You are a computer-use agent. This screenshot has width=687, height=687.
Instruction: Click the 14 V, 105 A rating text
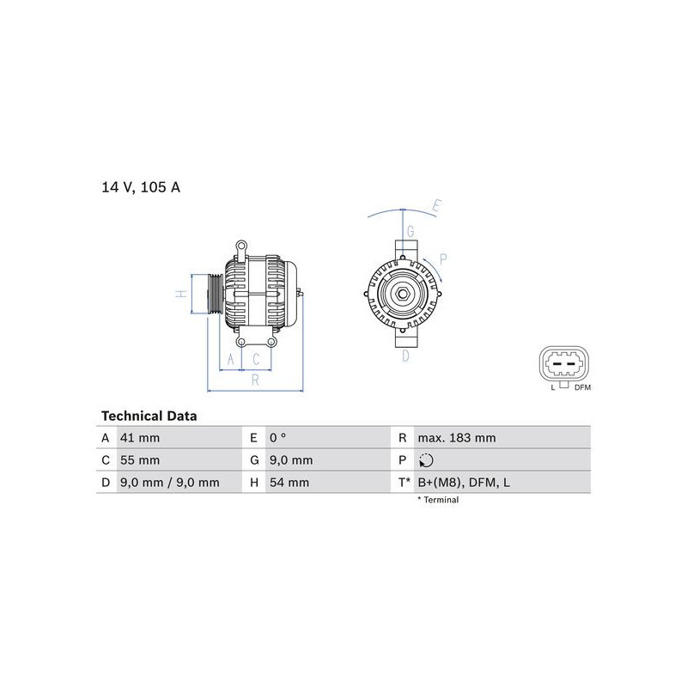coord(141,187)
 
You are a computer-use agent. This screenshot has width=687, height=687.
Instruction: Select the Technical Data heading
coord(149,416)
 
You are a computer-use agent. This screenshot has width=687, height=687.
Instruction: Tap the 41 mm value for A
coord(140,438)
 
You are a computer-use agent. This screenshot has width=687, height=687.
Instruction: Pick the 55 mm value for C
coord(140,460)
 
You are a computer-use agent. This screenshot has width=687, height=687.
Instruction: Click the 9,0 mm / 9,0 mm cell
coord(169,483)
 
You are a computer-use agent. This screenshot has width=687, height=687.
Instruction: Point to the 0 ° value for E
coord(277,438)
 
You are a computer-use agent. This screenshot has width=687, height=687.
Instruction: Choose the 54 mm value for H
coord(289,483)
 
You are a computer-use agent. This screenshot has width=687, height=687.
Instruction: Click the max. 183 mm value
coord(457,438)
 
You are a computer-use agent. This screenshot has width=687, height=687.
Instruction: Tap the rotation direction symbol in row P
coord(426,460)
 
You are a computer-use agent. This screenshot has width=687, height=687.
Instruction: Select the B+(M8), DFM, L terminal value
coord(464,483)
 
